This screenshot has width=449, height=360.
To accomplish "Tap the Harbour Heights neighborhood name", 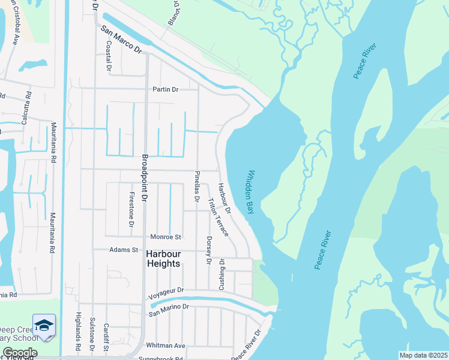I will click(163, 259).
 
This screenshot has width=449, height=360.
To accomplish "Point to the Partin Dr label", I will click(166, 89).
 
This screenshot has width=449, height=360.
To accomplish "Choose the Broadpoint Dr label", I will click(145, 178).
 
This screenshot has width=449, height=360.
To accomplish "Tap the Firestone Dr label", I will click(131, 209).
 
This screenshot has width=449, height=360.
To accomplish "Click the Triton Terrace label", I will click(217, 217).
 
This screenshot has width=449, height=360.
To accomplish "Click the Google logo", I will click(19, 353).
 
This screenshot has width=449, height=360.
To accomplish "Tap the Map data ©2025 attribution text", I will click(423, 355).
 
